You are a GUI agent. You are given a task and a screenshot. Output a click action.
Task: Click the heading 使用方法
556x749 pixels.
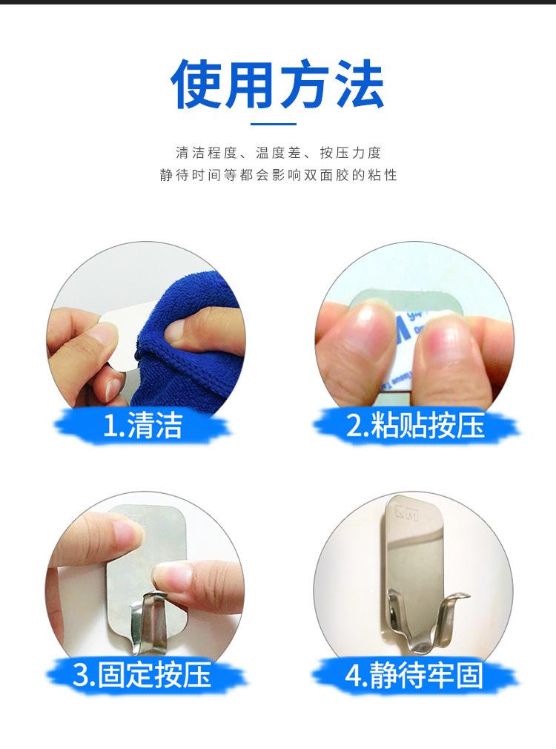point(277,84)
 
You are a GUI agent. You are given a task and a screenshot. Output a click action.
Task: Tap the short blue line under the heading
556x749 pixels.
point(277,124)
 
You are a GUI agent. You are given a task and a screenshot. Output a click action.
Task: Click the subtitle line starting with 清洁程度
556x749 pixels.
point(278,154)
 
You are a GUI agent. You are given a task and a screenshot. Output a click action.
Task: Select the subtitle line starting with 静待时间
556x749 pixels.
point(278,176)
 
